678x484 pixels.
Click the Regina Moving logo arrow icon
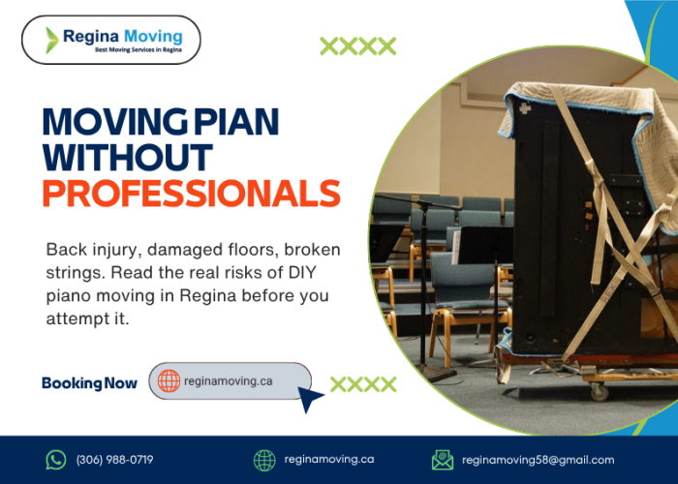pos(52,40)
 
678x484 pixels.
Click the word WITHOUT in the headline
pos(127,156)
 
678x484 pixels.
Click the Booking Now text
pos(89,383)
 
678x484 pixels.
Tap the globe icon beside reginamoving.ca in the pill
pos(169,381)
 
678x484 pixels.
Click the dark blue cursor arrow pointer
pos(311,398)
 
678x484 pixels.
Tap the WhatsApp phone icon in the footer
pos(56,460)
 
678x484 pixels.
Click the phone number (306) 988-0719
pos(114,460)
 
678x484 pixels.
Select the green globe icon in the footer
pos(264,460)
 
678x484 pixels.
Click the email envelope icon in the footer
pos(442,460)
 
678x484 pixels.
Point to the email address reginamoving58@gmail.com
pos(538,460)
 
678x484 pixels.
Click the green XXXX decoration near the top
pos(357,45)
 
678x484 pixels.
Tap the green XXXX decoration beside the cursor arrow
pos(363,384)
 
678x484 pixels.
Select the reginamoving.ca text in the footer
pos(328,460)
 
